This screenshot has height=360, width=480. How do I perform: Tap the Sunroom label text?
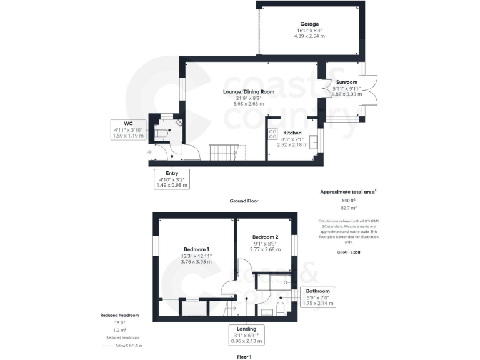[346, 82]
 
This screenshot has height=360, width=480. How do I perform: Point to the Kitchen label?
[292, 133]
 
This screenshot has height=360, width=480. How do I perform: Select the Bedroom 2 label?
[265, 237]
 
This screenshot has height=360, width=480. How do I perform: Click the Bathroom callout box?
[318, 297]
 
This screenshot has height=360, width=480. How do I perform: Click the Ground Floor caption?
[244, 201]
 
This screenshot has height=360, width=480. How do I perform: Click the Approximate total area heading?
[347, 192]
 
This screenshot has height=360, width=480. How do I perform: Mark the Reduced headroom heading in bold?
[119, 316]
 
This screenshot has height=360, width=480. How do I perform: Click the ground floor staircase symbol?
[222, 151]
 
